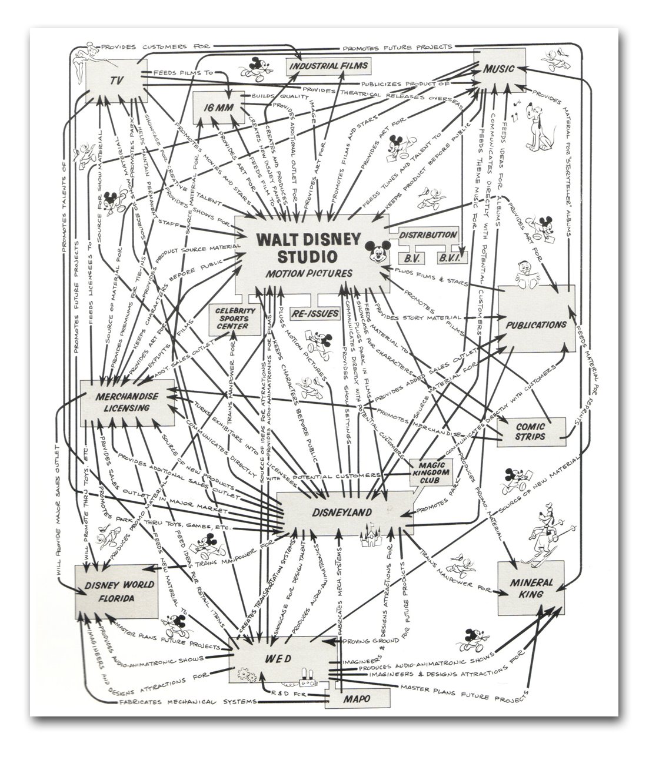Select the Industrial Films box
tap(328, 66)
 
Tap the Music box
tap(500, 69)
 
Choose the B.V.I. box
tap(452, 257)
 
